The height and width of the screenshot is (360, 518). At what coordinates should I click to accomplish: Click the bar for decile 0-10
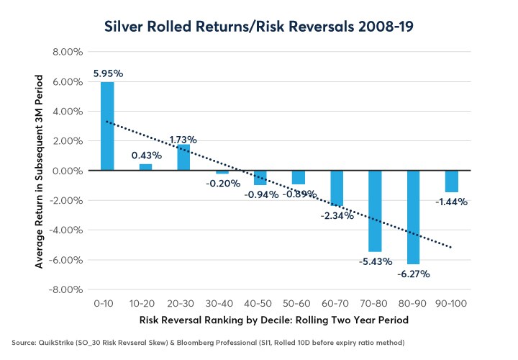[107, 126]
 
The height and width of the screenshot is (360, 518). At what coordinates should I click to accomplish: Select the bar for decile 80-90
[414, 217]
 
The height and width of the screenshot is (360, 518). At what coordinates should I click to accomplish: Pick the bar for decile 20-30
[183, 158]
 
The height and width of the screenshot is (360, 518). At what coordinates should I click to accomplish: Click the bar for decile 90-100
[452, 181]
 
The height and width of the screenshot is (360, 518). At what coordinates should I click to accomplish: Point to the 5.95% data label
[107, 73]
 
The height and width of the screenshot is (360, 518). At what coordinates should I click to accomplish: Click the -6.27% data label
[413, 274]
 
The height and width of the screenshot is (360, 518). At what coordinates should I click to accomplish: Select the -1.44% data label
[452, 202]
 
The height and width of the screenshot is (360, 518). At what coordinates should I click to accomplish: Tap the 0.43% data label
[145, 155]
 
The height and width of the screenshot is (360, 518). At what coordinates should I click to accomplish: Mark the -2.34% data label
[337, 215]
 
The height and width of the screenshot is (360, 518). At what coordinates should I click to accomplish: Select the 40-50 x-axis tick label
[260, 304]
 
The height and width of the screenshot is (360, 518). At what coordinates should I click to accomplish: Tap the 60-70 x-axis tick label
[337, 304]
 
